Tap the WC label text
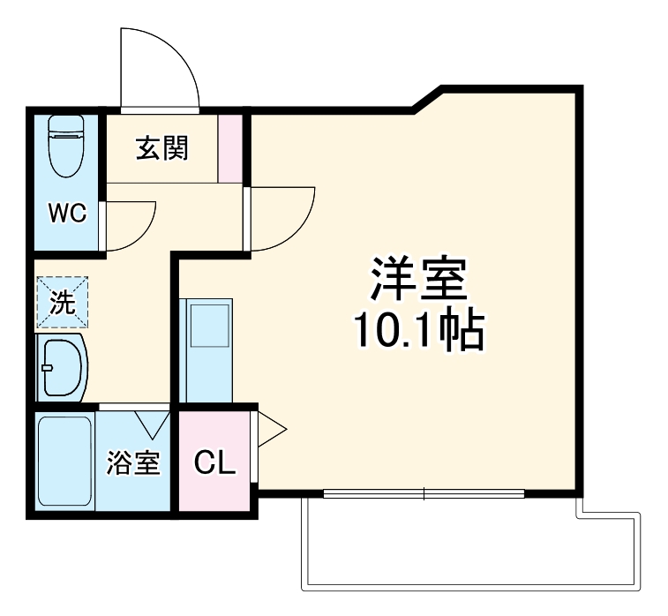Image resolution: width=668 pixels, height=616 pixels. pos(66,213)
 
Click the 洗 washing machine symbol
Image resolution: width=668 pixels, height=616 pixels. pos(62,303)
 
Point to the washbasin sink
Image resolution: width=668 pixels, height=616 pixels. pos(63,365)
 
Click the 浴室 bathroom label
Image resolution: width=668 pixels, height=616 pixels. pos(133,462)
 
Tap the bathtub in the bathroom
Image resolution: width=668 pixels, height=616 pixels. pos(65,461)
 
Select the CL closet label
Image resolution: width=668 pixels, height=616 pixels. pos(215,462)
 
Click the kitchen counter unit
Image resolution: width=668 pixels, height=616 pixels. pos(207,349)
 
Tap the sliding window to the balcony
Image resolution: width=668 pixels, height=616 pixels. pos(424,494)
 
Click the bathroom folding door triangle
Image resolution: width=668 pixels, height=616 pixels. pos(154,421)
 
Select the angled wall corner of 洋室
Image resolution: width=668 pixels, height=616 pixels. pos(427,98)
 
